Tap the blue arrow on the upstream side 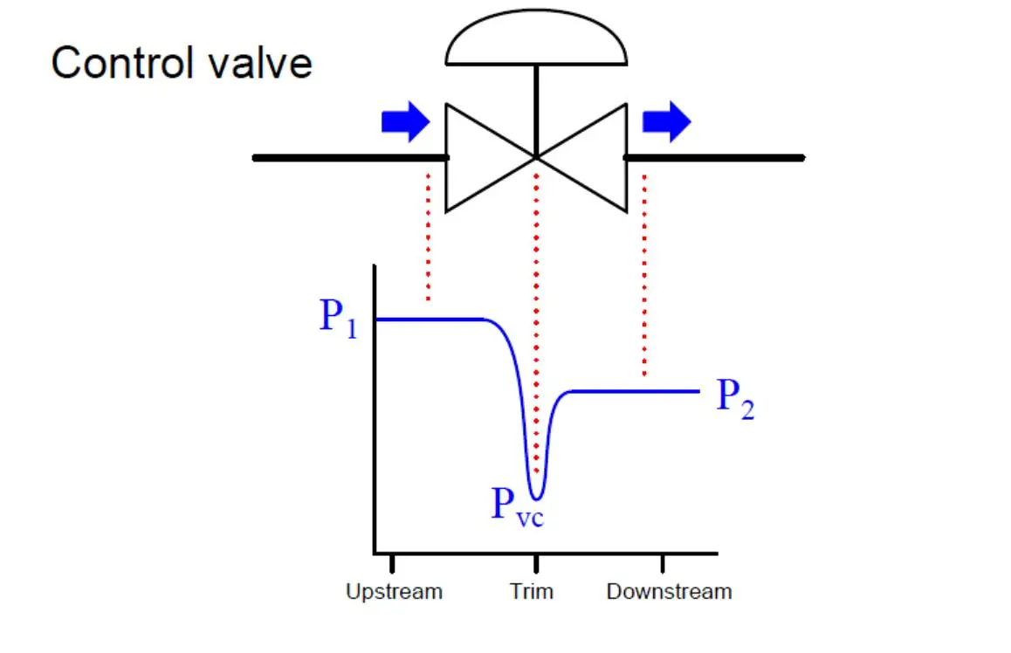tap(406, 121)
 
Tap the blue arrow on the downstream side tap(667, 121)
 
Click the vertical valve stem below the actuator tap(536, 111)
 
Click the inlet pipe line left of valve tap(350, 158)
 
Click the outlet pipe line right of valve tap(714, 158)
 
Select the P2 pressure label tap(736, 398)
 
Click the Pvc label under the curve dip tap(518, 507)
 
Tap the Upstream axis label tap(394, 592)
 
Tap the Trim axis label tap(532, 591)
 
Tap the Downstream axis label tap(670, 591)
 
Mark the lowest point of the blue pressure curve tap(536, 498)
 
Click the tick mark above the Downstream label tap(662, 563)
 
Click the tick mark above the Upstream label tap(392, 563)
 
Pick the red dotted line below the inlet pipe tap(428, 237)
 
